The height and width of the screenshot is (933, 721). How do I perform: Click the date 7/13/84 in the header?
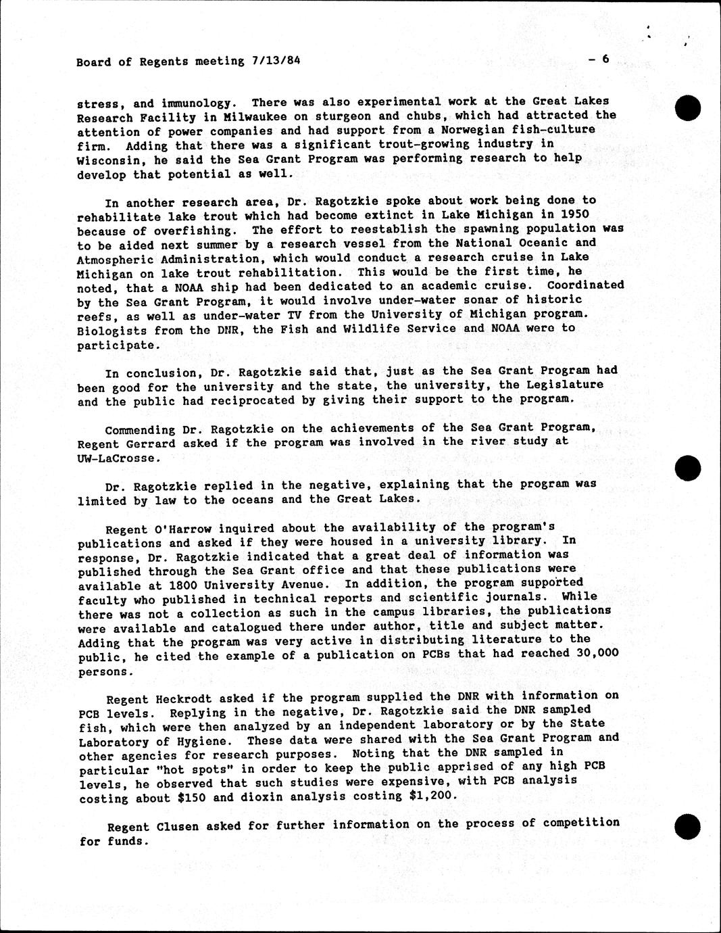[275, 61]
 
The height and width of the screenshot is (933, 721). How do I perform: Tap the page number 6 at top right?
[605, 59]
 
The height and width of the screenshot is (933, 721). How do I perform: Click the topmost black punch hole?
[688, 107]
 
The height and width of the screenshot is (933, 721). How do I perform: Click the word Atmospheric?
[116, 258]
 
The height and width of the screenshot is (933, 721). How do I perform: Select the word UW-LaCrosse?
[119, 458]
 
